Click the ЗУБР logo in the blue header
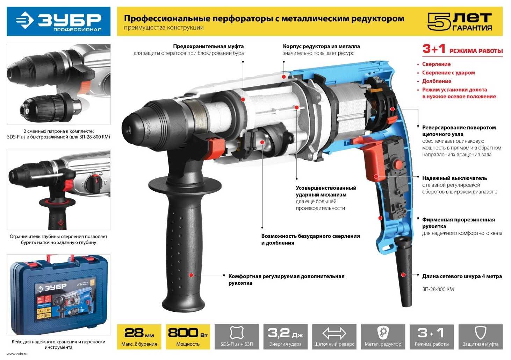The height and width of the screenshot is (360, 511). [59, 21]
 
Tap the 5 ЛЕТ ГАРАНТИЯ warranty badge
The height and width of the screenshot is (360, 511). [460, 22]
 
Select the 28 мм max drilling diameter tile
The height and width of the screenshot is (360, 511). [139, 337]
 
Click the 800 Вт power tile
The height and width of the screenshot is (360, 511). [188, 337]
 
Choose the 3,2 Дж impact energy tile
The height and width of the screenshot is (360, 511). [285, 337]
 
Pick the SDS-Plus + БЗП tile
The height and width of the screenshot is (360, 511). [237, 337]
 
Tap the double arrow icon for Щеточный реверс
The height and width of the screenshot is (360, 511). [334, 333]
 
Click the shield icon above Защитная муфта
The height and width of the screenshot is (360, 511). [480, 333]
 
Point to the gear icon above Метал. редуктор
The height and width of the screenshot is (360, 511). [383, 332]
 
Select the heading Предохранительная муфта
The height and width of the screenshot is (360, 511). [208, 46]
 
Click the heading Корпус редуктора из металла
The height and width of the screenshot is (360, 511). [321, 46]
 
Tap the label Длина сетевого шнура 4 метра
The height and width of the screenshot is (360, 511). [462, 276]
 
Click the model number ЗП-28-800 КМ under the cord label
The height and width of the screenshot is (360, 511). [438, 289]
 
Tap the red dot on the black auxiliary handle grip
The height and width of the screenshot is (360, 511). [191, 275]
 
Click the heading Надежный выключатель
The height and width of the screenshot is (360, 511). [454, 178]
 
